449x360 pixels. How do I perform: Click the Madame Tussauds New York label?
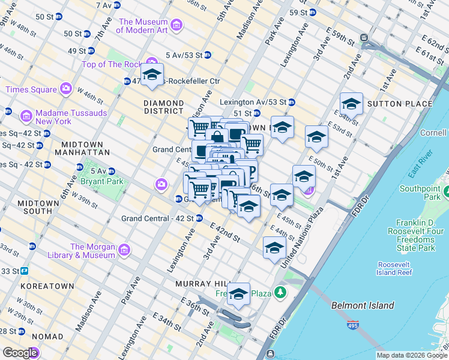[62, 116]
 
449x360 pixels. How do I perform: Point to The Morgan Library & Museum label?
[92, 251]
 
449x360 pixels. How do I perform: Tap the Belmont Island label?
[363, 305]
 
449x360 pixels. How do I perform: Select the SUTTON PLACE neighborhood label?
[399, 104]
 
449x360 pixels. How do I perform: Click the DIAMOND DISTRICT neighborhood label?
[163, 107]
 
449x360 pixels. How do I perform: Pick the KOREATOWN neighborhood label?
[47, 286]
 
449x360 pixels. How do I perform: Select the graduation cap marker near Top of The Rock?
[152, 75]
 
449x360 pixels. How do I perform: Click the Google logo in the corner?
[20, 353]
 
